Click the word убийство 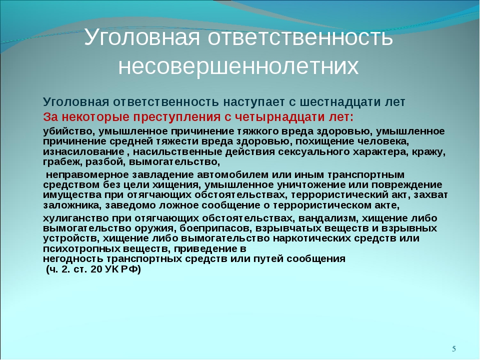tap(69, 131)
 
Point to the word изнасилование tap(83, 152)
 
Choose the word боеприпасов tap(215, 228)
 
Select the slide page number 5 tap(454, 348)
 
